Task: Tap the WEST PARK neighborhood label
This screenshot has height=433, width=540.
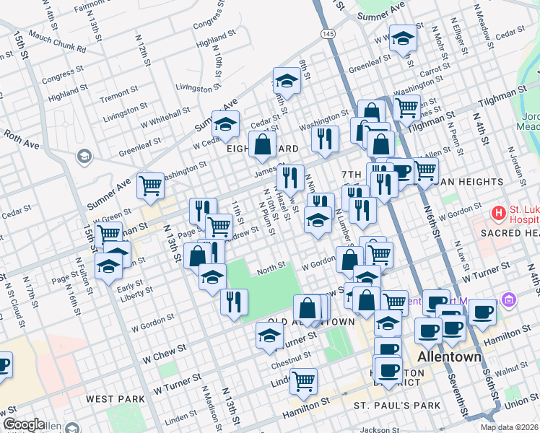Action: click(110, 398)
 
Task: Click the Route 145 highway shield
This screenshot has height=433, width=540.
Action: click(328, 33)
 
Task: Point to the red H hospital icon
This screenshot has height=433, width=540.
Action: click(497, 213)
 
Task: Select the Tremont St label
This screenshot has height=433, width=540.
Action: click(114, 96)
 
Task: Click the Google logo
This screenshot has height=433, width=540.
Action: click(24, 424)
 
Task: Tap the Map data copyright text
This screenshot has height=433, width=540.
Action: click(509, 427)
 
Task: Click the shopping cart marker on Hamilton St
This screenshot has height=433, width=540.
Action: click(304, 380)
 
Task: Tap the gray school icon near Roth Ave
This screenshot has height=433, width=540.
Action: click(84, 156)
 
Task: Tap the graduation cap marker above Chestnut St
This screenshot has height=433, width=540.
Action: click(269, 336)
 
